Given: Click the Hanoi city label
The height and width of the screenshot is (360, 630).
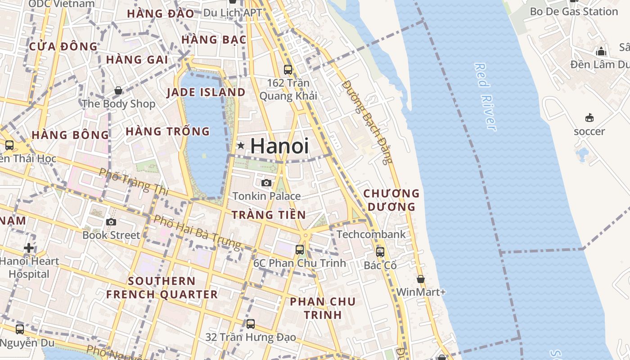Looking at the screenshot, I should (279, 146).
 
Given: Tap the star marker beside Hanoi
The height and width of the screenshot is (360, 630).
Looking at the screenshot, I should (241, 145).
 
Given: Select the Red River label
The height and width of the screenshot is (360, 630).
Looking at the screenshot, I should (485, 97).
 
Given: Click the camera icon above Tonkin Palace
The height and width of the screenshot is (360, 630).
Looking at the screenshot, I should (266, 183).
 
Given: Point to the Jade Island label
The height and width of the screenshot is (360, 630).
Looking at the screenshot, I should (206, 93).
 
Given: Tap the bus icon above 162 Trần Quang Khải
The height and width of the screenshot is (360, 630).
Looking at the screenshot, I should (288, 70).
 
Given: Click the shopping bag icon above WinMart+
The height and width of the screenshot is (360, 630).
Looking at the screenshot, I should (421, 279).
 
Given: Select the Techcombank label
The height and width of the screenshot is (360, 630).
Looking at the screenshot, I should (371, 234).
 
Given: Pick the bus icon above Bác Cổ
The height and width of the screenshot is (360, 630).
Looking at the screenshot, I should (380, 252).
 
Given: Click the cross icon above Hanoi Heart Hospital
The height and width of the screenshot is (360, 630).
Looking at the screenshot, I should (29, 248).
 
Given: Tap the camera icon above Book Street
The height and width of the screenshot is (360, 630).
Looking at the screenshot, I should (111, 222).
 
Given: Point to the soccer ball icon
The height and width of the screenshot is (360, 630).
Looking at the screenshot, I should (589, 118).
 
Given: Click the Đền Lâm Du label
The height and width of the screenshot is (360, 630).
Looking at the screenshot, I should (599, 64).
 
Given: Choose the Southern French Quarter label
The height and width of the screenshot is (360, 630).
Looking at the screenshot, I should (162, 288).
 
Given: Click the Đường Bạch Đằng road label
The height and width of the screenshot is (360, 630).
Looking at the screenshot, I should (367, 122).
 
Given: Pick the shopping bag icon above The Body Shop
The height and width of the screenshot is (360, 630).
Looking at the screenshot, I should (118, 91).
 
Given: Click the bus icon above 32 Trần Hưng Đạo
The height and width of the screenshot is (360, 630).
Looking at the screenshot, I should (251, 324).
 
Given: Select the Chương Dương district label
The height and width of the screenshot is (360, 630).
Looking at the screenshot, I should (391, 200).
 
